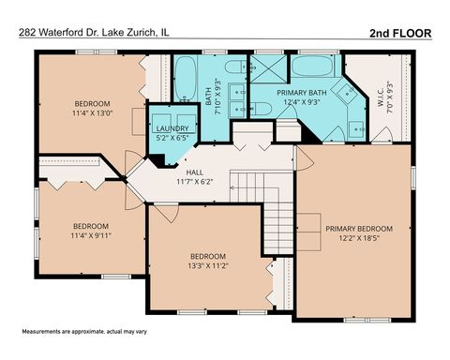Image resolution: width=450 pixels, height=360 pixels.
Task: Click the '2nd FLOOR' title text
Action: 399,34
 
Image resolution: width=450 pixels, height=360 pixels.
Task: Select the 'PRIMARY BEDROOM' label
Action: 359,228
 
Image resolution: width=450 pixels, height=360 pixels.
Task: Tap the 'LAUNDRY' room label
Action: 172,128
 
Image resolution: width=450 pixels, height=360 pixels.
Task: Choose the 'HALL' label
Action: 194,172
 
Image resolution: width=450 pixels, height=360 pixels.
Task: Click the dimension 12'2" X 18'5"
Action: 359,237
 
